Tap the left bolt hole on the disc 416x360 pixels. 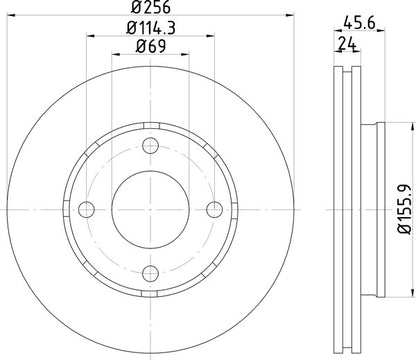coord(85,209)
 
